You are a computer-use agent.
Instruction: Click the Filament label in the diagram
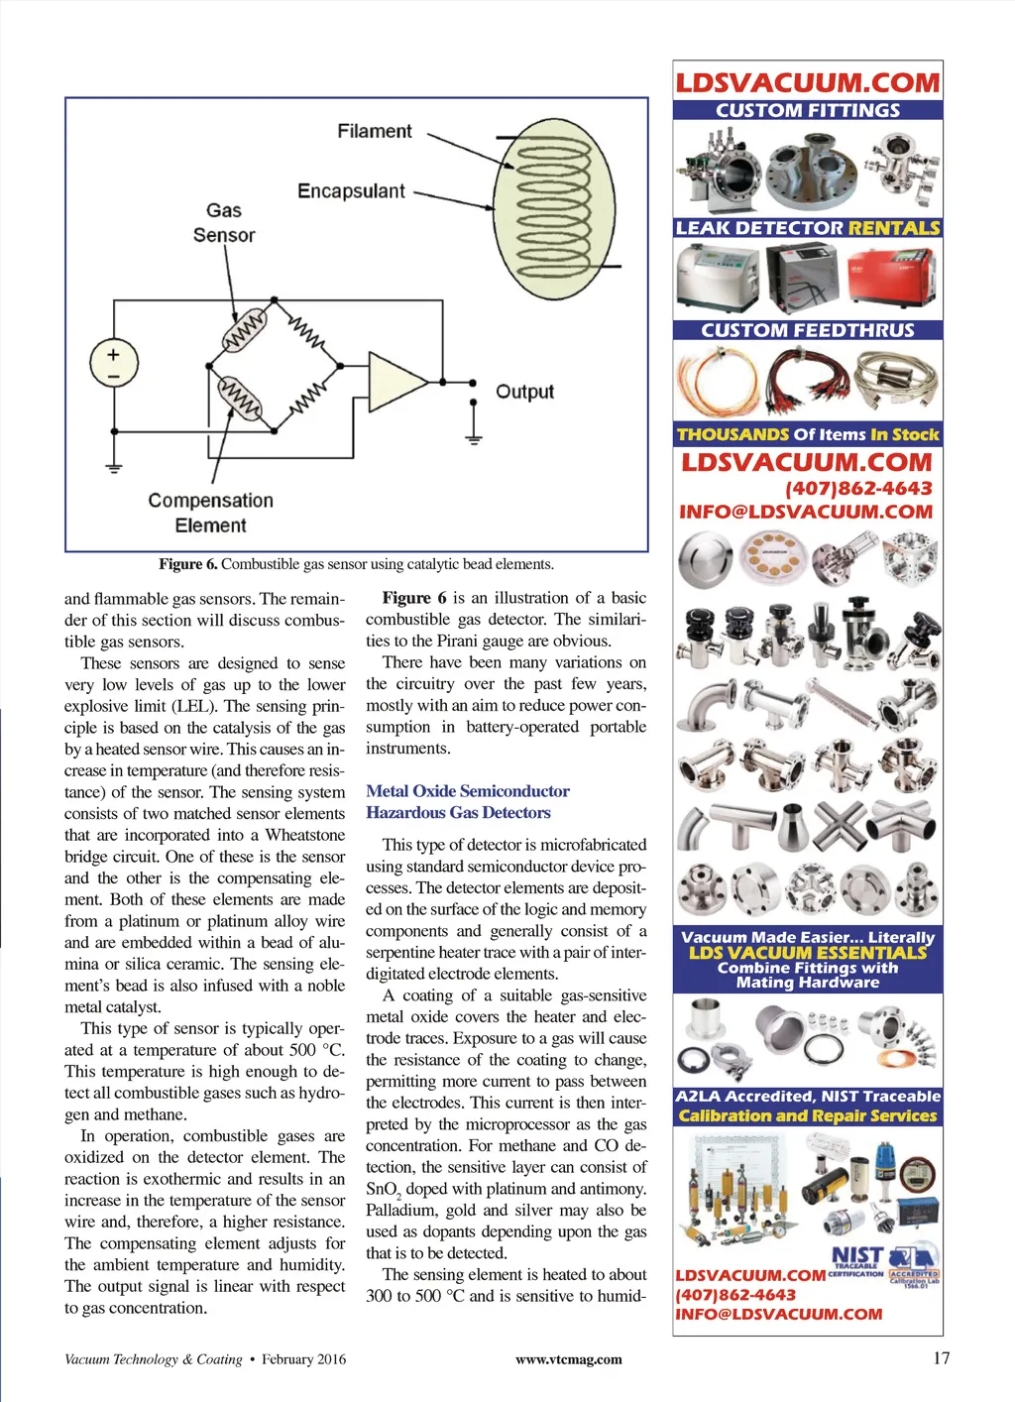tap(374, 131)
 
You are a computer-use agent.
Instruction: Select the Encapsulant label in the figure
tap(351, 190)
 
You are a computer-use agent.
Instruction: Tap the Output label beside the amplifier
tap(524, 392)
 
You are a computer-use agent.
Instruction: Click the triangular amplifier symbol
tap(392, 381)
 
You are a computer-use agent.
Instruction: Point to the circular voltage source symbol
tap(114, 363)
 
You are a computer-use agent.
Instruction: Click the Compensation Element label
tap(210, 513)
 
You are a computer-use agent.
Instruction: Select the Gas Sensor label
tap(224, 223)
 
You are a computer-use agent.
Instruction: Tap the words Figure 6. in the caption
tap(187, 564)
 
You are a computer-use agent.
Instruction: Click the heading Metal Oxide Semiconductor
tap(468, 791)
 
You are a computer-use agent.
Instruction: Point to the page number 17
tap(942, 1358)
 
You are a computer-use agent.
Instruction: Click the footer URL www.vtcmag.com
tap(569, 1359)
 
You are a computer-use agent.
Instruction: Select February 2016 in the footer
tap(304, 1359)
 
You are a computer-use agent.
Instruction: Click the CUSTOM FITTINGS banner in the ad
tap(808, 110)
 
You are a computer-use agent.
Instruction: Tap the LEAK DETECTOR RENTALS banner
tap(808, 228)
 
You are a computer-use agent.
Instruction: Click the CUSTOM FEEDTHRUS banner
tap(808, 330)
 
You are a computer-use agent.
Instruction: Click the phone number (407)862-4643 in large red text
tap(858, 488)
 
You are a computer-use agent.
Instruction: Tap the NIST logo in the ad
tap(856, 1257)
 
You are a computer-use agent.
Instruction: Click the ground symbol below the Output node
tap(474, 434)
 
